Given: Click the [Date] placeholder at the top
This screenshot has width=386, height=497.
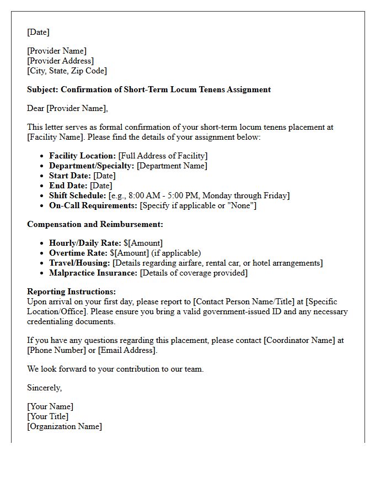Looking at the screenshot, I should [38, 32].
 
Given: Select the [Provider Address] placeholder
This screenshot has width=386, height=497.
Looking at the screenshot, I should [61, 61].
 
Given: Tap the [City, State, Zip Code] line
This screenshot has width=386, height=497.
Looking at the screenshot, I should [67, 71].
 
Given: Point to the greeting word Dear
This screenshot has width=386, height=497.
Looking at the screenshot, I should [36, 108].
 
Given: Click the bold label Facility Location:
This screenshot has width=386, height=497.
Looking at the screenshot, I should [83, 156].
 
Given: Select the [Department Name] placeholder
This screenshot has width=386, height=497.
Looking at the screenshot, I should [172, 166].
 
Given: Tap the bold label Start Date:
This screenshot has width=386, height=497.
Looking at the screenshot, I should [70, 176].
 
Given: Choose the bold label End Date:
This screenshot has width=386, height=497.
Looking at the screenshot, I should [68, 186].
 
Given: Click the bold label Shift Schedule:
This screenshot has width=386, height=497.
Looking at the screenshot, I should [78, 195].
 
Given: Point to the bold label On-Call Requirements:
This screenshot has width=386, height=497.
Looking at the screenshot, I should [93, 205].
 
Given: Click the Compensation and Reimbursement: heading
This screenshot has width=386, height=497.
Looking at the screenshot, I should [95, 224].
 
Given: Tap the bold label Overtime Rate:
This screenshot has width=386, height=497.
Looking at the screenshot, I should [78, 253].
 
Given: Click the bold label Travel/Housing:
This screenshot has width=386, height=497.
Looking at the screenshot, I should [79, 263].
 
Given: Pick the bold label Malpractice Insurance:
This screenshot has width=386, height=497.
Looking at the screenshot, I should [93, 273].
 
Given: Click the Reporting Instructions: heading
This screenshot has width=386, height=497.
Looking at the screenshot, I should [71, 292].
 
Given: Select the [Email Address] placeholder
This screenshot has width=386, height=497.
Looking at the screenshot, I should [127, 350].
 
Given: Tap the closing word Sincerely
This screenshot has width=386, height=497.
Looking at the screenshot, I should [44, 388].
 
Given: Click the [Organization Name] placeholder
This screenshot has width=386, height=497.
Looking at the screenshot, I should [65, 426].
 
